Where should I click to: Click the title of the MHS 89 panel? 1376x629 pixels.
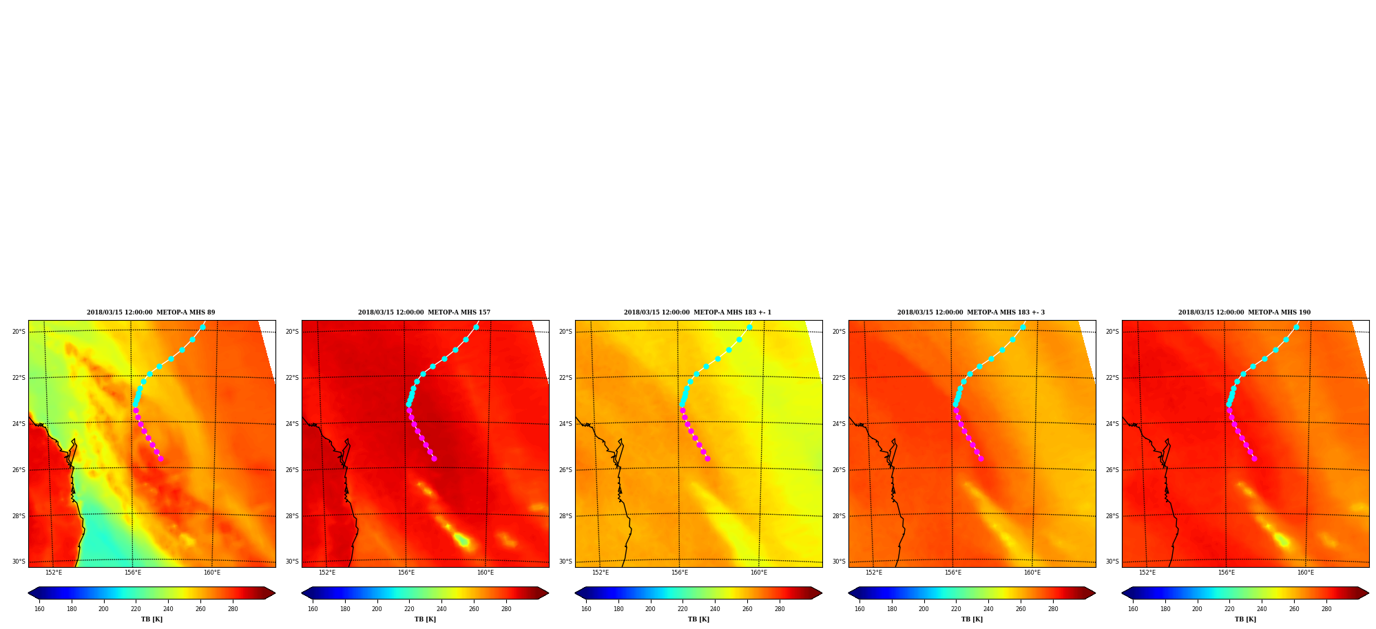(x=151, y=312)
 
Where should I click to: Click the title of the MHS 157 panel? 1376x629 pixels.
(x=424, y=312)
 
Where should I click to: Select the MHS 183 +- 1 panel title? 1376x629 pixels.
(x=698, y=312)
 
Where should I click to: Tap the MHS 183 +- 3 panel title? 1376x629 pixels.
(x=971, y=312)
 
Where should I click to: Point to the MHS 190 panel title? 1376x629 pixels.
(x=1244, y=312)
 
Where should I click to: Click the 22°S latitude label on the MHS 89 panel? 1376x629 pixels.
(x=19, y=378)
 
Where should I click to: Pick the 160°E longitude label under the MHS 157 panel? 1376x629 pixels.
(x=486, y=573)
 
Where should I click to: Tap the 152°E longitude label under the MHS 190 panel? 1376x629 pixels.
(x=1147, y=573)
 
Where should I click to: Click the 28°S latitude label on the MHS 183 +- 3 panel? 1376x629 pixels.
(x=839, y=516)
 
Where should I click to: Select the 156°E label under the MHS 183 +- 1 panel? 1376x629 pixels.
(x=680, y=573)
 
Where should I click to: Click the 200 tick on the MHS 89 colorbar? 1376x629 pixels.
(x=103, y=609)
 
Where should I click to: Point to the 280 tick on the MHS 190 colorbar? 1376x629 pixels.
(x=1326, y=609)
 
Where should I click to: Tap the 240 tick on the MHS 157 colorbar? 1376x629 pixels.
(x=441, y=609)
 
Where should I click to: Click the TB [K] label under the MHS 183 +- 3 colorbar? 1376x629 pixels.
(x=972, y=619)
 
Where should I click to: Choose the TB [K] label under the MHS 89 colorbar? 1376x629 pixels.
(x=152, y=619)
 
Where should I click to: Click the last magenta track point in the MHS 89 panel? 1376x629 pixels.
(x=160, y=458)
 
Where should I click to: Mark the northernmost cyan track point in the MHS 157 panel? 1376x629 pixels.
(x=476, y=327)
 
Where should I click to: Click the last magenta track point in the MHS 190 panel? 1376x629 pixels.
(x=1254, y=458)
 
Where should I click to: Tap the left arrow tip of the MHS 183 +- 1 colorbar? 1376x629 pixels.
(x=576, y=593)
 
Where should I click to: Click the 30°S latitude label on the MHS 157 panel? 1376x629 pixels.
(x=292, y=562)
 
